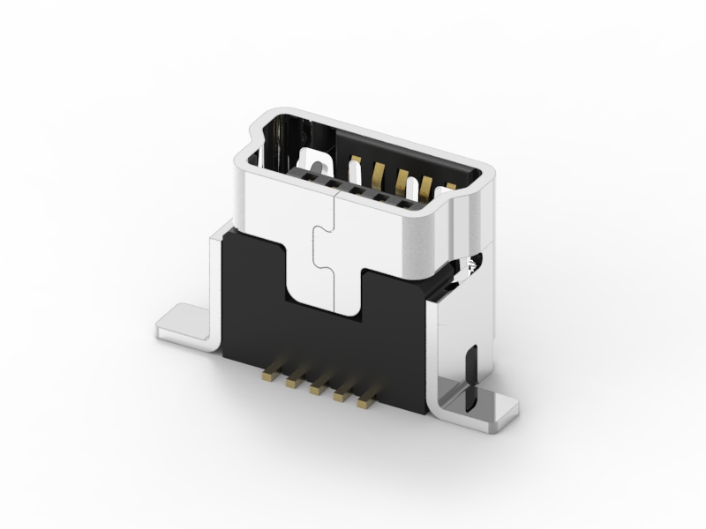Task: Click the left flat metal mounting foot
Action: click(x=182, y=323)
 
